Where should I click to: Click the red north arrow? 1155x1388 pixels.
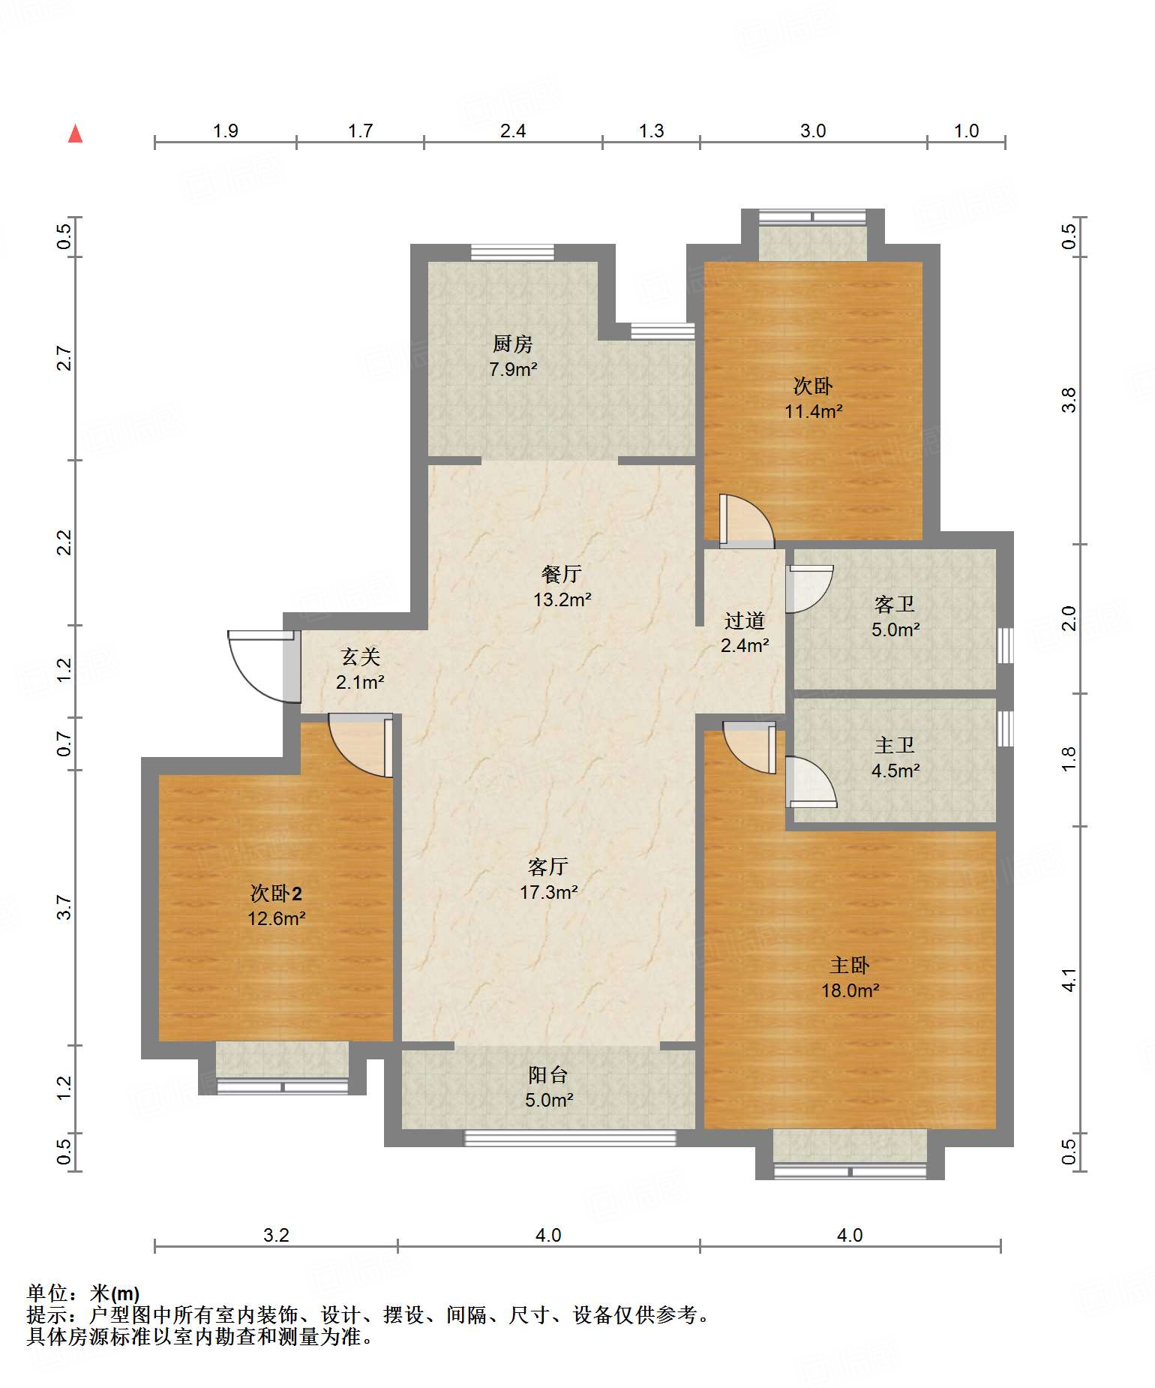point(75,134)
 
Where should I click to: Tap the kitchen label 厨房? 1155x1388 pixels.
point(513,344)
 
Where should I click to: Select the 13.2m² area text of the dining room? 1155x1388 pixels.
point(562,599)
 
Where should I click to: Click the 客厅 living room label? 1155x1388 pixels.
point(548,867)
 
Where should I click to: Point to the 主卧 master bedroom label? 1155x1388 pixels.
point(850,965)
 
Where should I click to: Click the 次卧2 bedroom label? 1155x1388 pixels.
point(276,893)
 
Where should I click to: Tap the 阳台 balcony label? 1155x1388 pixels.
point(548,1074)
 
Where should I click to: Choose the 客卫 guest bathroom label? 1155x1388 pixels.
point(895,604)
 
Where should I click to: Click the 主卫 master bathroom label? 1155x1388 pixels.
point(895,745)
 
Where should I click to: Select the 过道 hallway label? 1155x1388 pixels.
point(745,620)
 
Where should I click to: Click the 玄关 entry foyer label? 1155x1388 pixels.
point(361,656)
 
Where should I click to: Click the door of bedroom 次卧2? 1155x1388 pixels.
point(361,746)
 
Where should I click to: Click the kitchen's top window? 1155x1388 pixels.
point(513,252)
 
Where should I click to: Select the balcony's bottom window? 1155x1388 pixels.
point(571,1137)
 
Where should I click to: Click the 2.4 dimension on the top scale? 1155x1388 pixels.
point(513,131)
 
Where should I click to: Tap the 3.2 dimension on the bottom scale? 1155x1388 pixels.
point(276,1235)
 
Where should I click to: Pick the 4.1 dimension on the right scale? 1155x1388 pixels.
point(1069,980)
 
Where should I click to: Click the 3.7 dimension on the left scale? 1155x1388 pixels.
point(65,907)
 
